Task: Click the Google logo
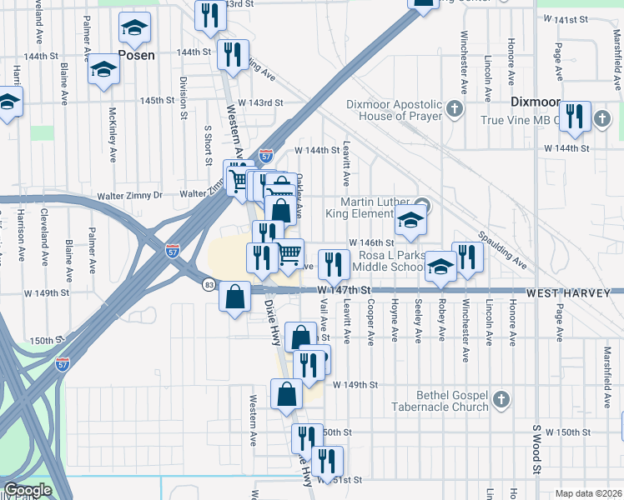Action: tap(27, 491)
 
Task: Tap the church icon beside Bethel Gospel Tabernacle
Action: tap(501, 400)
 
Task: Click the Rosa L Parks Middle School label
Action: tap(389, 261)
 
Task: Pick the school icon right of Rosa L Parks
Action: tap(440, 266)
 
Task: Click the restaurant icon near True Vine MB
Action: tap(574, 116)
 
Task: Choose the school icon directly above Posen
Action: tap(134, 27)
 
